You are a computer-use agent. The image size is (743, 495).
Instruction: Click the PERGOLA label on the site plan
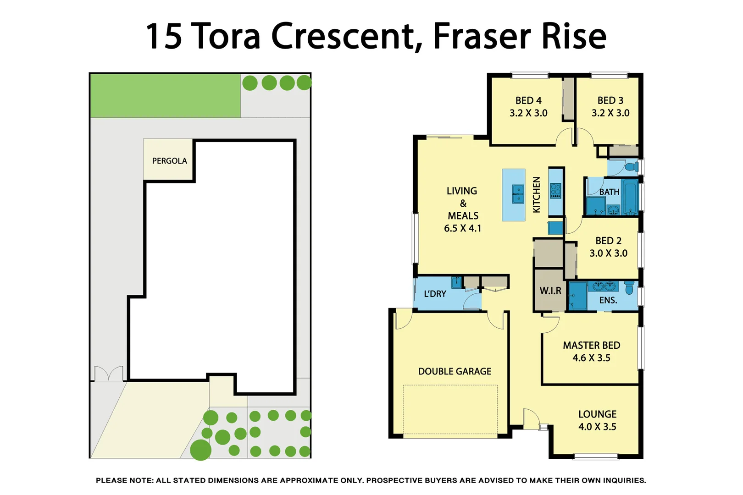tap(169, 161)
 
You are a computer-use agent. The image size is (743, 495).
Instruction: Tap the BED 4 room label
tap(528, 100)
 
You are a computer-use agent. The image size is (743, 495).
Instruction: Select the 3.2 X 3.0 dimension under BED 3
tap(610, 113)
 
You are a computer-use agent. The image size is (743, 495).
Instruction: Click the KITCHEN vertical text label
tap(537, 195)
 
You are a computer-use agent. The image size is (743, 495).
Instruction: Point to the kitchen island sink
tap(518, 194)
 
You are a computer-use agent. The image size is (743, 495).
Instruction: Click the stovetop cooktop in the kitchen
tap(555, 191)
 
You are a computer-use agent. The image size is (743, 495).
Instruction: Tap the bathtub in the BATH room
tap(630, 197)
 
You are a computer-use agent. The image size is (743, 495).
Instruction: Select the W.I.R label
tap(550, 291)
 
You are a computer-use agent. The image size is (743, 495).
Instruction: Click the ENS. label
tap(608, 300)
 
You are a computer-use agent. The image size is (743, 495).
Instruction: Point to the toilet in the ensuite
tap(629, 288)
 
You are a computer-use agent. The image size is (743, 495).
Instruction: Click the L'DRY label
tap(435, 294)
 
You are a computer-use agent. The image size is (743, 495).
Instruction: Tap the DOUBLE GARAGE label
tap(455, 371)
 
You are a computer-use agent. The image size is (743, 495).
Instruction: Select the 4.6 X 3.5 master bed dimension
tap(591, 358)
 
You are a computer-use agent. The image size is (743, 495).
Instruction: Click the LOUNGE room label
tap(597, 414)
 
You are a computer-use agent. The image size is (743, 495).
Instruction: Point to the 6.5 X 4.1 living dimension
tap(462, 228)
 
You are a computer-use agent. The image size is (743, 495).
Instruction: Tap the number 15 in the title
tap(163, 37)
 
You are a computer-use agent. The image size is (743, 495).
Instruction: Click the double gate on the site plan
tap(109, 374)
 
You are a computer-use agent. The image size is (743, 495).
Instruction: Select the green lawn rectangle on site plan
tap(165, 96)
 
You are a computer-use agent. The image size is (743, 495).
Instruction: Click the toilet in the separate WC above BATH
tap(633, 166)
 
